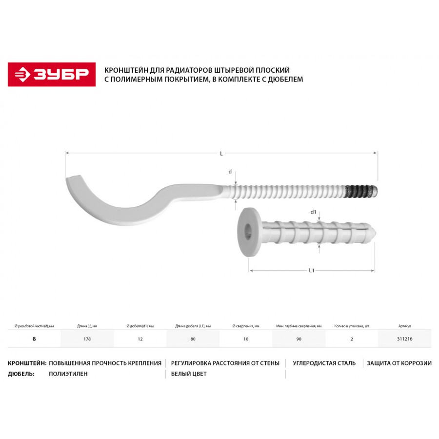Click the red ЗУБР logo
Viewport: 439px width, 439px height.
coord(52,75)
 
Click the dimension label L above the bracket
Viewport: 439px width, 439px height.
coord(221,154)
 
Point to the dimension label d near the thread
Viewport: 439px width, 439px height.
coord(230,172)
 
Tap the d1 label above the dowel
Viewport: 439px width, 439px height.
coord(313,212)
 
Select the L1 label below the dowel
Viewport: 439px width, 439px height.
coord(312,270)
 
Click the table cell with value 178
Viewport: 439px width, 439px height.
coord(87,339)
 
